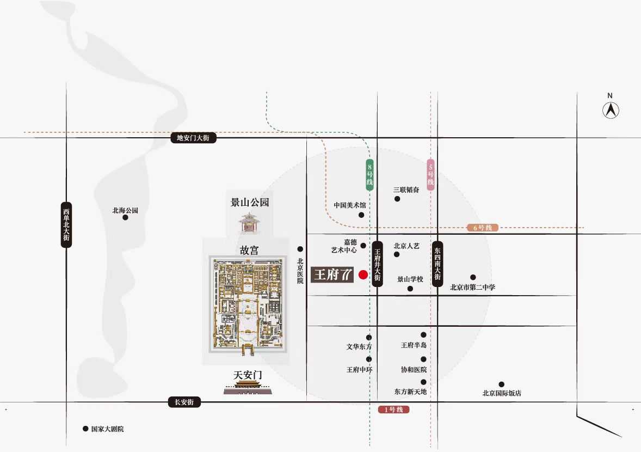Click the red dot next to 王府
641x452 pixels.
click(363, 274)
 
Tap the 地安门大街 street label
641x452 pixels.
click(193, 138)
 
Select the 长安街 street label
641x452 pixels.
click(184, 402)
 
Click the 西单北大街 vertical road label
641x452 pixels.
click(66, 224)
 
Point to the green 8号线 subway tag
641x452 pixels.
click(369, 175)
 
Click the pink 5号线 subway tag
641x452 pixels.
click(430, 175)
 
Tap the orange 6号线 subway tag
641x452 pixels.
click(483, 228)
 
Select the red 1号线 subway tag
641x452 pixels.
click(393, 410)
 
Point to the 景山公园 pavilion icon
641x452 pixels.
click(249, 223)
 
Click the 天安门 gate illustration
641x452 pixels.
click(248, 388)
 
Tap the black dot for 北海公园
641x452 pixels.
click(126, 218)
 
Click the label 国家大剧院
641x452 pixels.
click(108, 429)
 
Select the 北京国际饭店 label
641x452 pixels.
click(502, 393)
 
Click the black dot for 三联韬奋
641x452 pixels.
click(397, 199)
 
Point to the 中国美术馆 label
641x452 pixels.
click(350, 205)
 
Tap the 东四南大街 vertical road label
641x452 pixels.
click(438, 264)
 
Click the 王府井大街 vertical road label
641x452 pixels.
click(377, 264)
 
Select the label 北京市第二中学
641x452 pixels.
click(472, 287)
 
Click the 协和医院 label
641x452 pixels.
click(414, 369)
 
